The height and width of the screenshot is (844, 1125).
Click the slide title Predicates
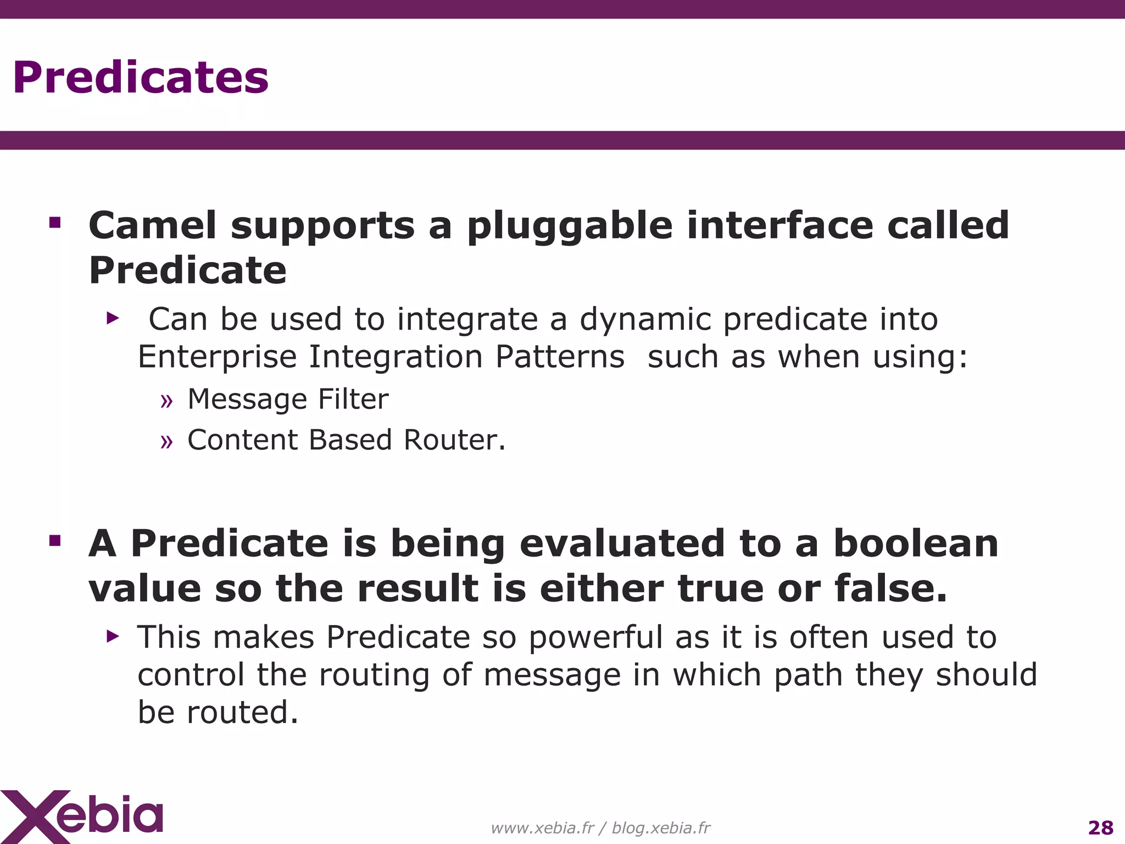(141, 77)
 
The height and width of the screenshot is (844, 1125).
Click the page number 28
(1100, 828)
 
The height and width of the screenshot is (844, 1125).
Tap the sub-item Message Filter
(287, 399)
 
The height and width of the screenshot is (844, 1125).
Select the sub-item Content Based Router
(346, 440)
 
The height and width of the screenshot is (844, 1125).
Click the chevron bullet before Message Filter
(166, 401)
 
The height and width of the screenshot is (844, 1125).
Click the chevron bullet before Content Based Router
(166, 442)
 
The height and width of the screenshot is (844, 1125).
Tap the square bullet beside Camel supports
(55, 223)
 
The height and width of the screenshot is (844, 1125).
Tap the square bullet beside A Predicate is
(55, 541)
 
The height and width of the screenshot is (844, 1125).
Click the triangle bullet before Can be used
(113, 318)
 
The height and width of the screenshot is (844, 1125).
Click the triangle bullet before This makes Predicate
(113, 636)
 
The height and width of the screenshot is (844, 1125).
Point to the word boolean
(916, 543)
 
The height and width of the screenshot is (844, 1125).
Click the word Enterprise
(216, 357)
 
